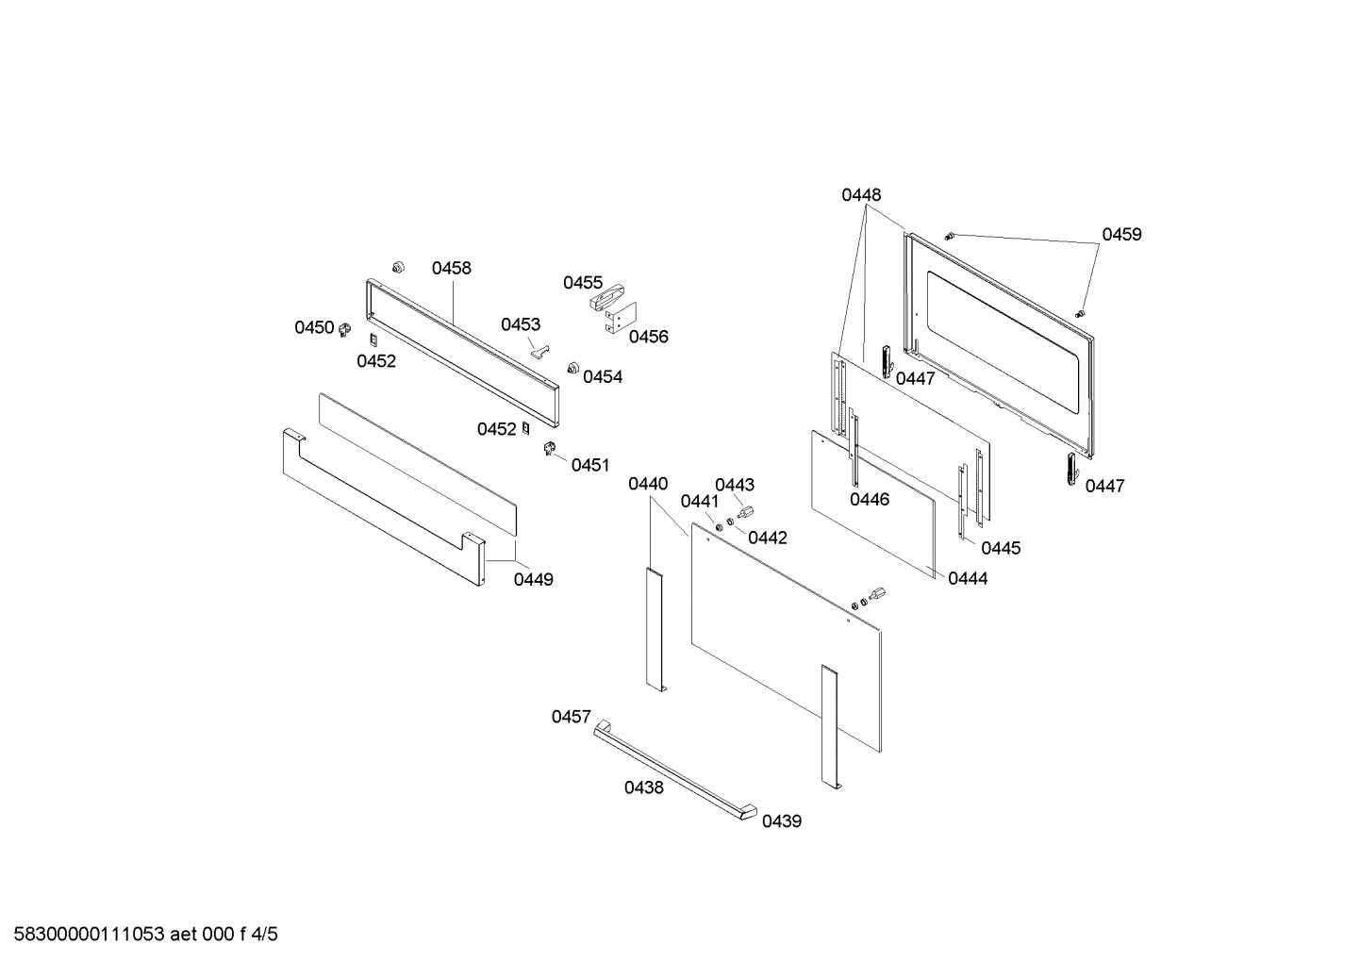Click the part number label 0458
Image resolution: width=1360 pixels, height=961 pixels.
tap(451, 268)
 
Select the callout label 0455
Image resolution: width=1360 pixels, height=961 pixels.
tap(582, 283)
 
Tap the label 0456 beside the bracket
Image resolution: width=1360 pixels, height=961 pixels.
tap(648, 337)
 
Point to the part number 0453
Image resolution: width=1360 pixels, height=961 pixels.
tap(520, 324)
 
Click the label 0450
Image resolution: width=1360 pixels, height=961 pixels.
tap(314, 327)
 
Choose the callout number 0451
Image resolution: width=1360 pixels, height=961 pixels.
tap(590, 465)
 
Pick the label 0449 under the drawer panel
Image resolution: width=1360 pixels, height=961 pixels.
tap(533, 579)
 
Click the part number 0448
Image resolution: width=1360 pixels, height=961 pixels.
tap(861, 195)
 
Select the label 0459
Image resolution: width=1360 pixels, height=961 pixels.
tap(1121, 235)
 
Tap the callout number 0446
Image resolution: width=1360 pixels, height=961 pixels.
tap(869, 500)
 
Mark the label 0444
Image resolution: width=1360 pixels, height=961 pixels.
tap(968, 578)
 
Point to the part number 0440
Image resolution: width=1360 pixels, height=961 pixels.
tap(648, 484)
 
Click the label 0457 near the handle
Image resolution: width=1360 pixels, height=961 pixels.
tap(571, 718)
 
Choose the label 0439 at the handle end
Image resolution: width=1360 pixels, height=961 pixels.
tap(781, 821)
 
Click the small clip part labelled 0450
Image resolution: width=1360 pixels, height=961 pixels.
tap(345, 329)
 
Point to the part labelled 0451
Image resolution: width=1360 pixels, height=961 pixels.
tap(550, 450)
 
